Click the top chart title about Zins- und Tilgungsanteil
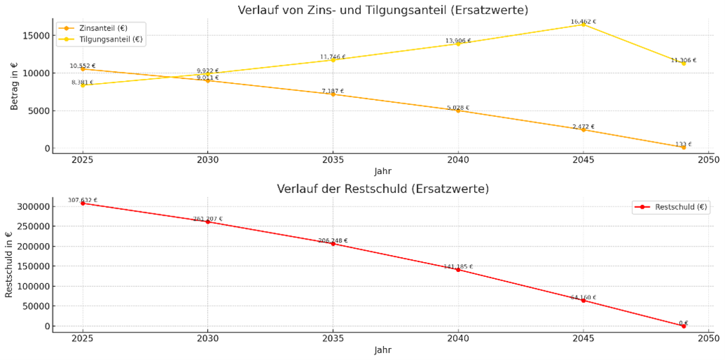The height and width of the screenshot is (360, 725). pyautogui.click(x=383, y=10)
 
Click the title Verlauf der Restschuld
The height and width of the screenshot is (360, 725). pyautogui.click(x=383, y=189)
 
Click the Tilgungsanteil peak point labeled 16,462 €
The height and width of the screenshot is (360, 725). pyautogui.click(x=583, y=25)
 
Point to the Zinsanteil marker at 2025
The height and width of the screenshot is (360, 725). pyautogui.click(x=82, y=69)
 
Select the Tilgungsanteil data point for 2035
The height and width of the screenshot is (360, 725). pyautogui.click(x=333, y=60)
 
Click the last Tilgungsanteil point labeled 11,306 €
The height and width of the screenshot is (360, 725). pyautogui.click(x=683, y=63)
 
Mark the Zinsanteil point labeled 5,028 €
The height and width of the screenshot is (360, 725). pyautogui.click(x=458, y=111)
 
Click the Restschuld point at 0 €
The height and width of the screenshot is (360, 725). pyautogui.click(x=683, y=326)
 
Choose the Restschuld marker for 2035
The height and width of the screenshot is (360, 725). pyautogui.click(x=333, y=244)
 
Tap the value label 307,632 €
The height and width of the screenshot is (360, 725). pyautogui.click(x=82, y=200)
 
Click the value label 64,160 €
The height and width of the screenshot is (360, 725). pyautogui.click(x=583, y=297)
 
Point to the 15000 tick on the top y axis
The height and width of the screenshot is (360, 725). pyautogui.click(x=35, y=35)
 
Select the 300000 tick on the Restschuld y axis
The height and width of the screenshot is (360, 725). pyautogui.click(x=32, y=206)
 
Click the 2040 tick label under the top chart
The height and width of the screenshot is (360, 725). pyautogui.click(x=458, y=160)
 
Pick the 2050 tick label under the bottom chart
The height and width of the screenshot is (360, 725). pyautogui.click(x=709, y=338)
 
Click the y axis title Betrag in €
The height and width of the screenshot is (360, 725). pyautogui.click(x=14, y=86)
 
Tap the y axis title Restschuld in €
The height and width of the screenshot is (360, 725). pyautogui.click(x=9, y=265)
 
